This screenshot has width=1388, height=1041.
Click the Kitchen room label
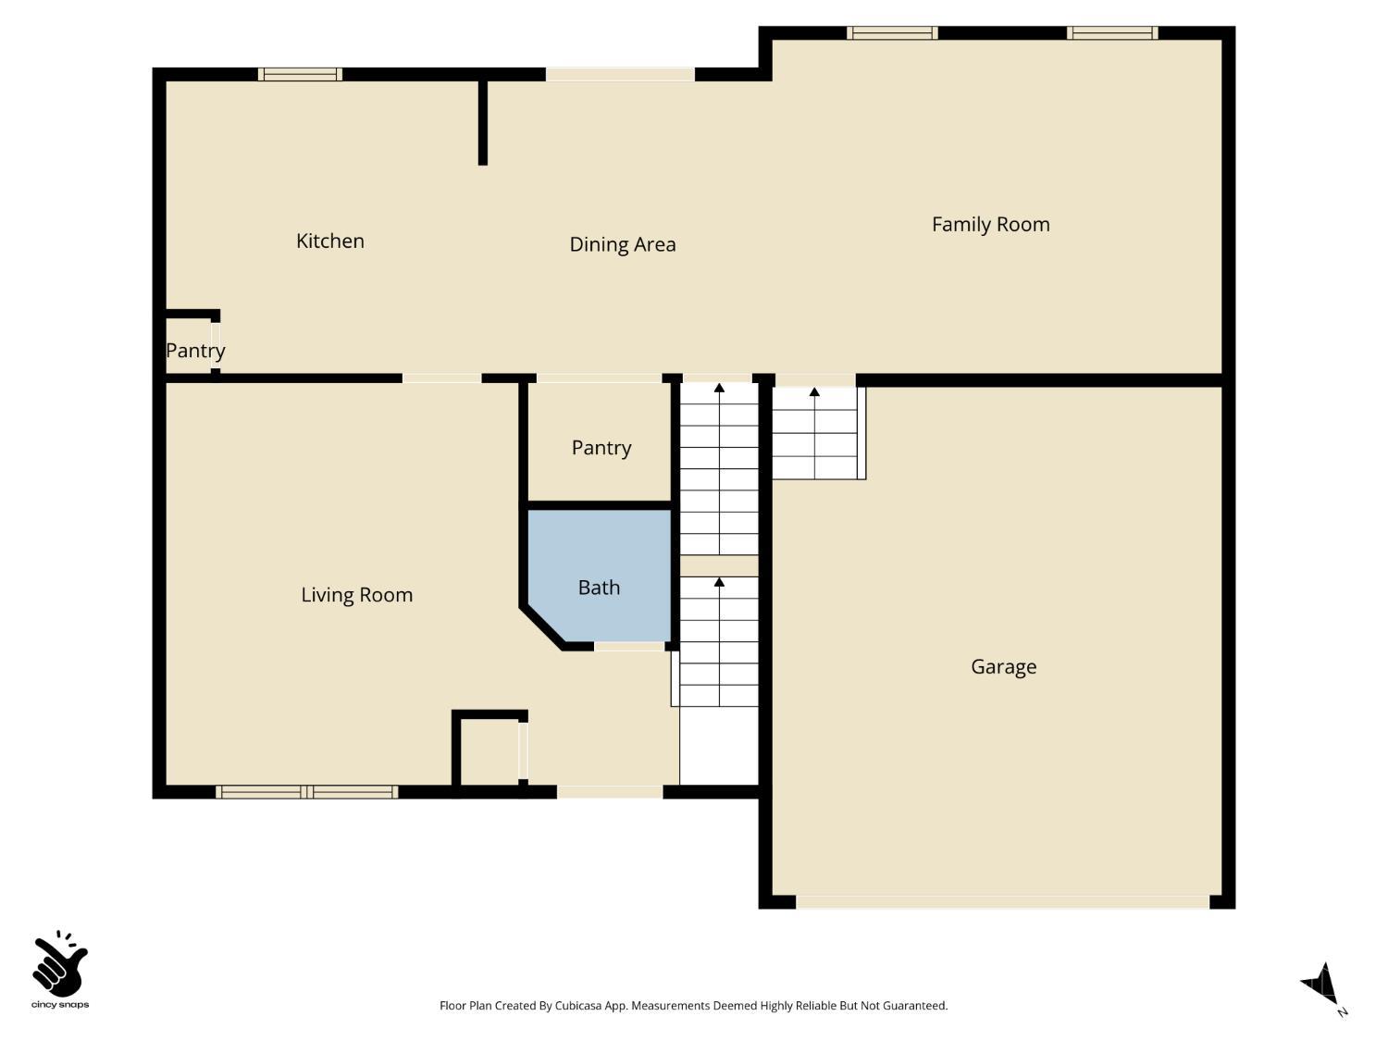point(330,242)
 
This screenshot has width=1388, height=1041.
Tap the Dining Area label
point(622,244)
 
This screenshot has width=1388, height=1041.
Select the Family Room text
point(990,224)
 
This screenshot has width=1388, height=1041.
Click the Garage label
point(1003,666)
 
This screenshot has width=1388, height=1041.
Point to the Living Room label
point(356,595)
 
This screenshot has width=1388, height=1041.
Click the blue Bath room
point(599,574)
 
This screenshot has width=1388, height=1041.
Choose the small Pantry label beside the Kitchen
point(194,351)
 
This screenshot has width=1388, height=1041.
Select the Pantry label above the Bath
point(601,448)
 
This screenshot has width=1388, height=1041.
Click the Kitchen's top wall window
point(300,74)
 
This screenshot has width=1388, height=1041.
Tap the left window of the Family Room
point(892,33)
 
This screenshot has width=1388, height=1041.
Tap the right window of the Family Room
point(1111,33)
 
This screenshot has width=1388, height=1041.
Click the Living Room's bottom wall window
point(306,792)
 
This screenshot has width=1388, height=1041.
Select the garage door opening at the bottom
point(1002,901)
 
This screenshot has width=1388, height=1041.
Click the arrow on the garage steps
point(814,392)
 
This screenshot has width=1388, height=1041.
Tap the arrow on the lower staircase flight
point(719,582)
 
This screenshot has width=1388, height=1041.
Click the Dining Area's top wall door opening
point(619,74)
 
